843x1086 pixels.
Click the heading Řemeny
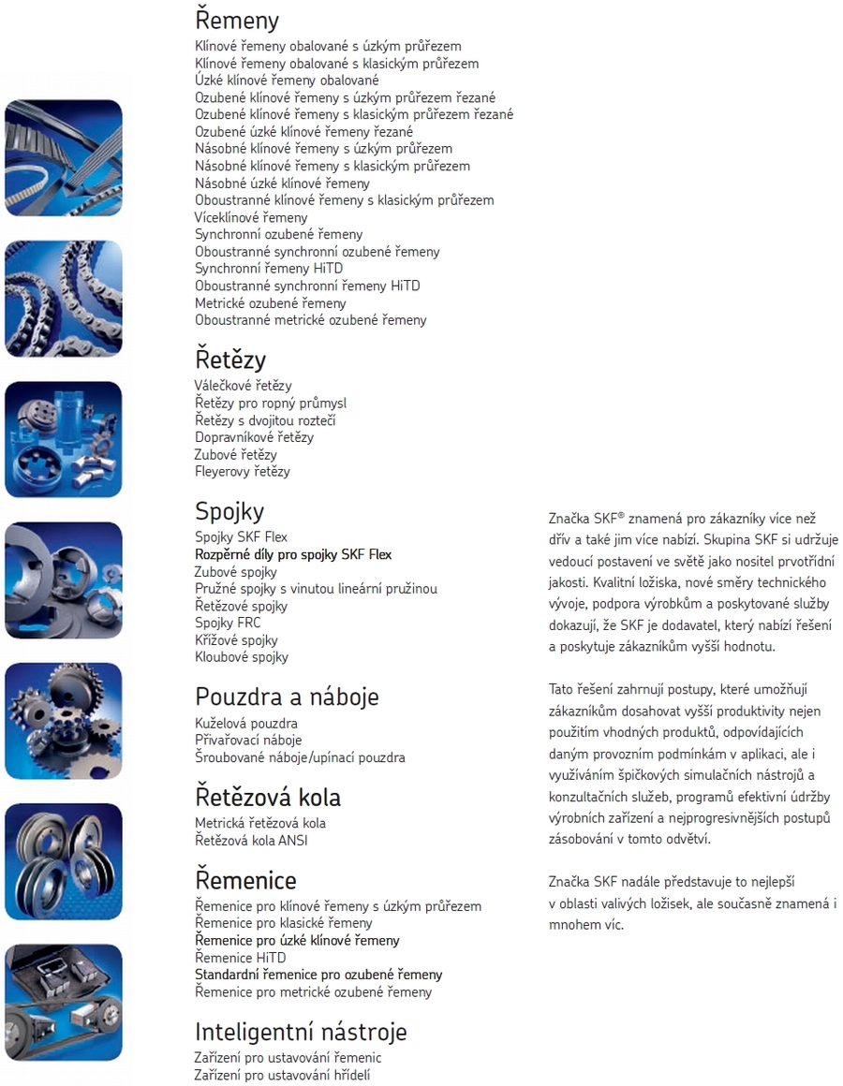[237, 20]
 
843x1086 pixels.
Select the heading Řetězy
[230, 360]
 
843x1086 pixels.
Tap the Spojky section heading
[229, 511]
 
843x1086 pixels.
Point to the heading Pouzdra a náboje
[287, 697]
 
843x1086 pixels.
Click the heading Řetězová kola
[268, 798]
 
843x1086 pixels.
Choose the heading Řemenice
[245, 880]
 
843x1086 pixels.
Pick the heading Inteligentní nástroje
[301, 1032]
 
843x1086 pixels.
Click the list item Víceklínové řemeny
[251, 217]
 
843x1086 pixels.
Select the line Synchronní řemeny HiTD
[269, 269]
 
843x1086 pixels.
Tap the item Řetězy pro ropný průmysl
[271, 404]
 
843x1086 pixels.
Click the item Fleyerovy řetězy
[243, 472]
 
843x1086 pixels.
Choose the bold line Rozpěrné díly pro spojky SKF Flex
[293, 554]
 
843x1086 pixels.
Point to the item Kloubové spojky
[242, 657]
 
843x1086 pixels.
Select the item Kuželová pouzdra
[246, 724]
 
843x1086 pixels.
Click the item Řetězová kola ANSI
[251, 840]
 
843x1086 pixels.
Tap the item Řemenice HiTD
[241, 958]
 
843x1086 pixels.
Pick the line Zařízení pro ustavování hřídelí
[282, 1075]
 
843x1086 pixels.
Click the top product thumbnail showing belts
[64, 157]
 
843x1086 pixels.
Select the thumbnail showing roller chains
[64, 298]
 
